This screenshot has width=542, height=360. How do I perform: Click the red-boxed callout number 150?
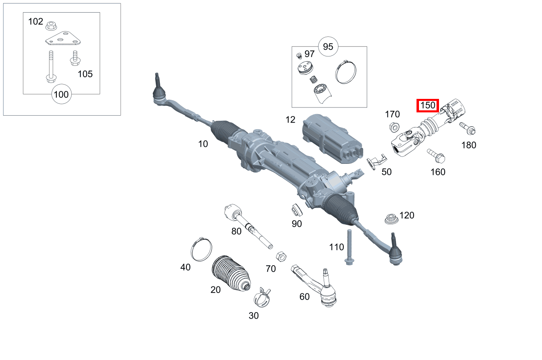428,105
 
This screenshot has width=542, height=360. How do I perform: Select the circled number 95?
328,47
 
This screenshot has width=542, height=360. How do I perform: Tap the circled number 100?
61,95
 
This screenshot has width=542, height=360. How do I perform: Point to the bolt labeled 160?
436,155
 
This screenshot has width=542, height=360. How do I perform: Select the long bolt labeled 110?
349,247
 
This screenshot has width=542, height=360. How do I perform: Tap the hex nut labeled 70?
281,256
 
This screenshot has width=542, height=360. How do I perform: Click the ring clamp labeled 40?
202,250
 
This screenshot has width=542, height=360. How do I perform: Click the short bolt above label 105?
74,58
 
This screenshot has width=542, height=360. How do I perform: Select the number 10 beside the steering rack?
203,144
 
